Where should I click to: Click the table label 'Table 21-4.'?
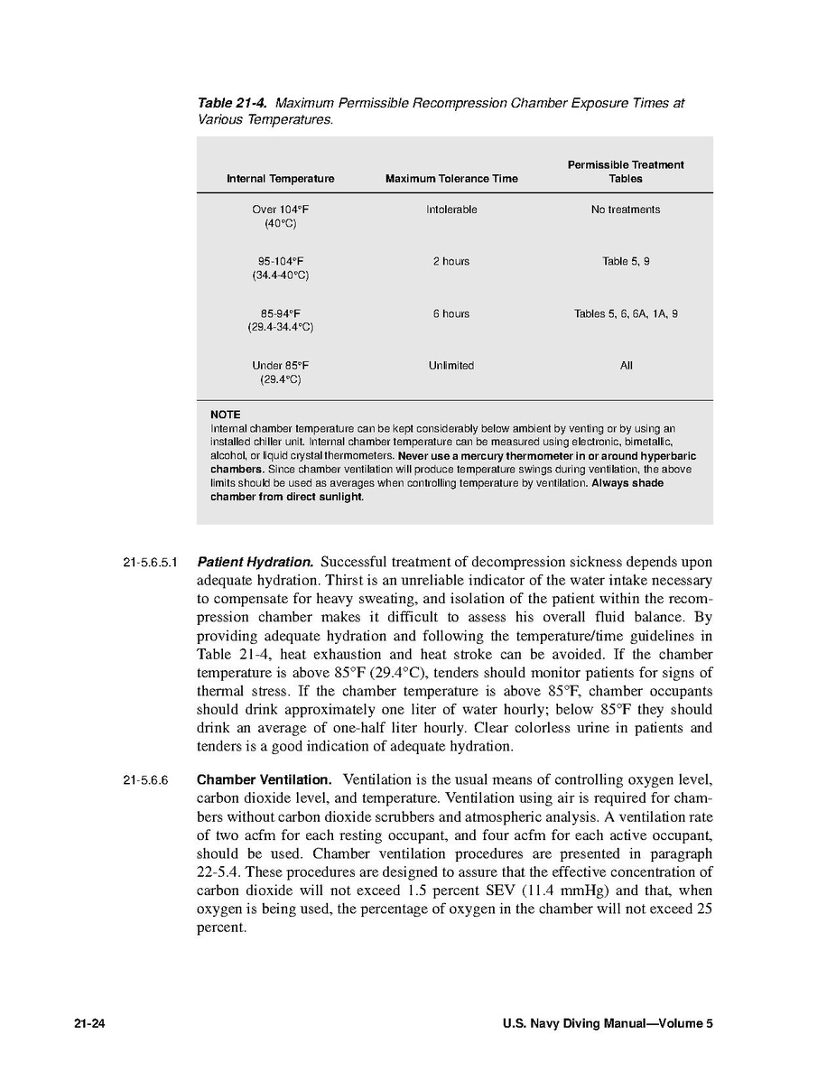(232, 103)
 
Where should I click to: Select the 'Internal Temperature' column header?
(280, 179)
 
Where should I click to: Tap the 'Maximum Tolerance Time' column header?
(451, 179)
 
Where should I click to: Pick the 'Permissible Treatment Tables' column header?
(626, 172)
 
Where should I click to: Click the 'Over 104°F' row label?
(280, 210)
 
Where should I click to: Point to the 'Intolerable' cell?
(451, 210)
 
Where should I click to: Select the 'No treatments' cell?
(626, 210)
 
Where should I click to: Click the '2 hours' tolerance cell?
(451, 262)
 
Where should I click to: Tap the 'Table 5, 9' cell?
(626, 262)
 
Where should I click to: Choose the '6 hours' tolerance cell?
(451, 314)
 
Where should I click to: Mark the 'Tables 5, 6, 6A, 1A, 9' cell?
(626, 314)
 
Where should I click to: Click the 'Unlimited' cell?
(451, 366)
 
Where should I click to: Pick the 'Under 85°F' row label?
(280, 366)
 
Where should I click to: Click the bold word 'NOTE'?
(226, 415)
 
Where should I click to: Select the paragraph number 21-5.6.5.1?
(149, 563)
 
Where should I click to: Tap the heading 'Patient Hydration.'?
(255, 562)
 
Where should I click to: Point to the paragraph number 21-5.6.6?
(145, 780)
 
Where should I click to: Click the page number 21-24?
(91, 1024)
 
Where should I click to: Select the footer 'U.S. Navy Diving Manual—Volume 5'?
(608, 1024)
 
